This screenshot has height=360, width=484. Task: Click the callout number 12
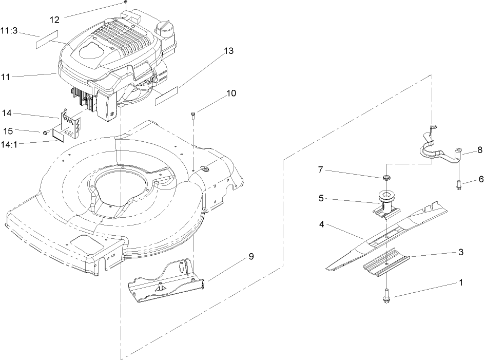pyautogui.click(x=54, y=20)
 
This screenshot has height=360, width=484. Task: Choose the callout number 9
pyautogui.click(x=251, y=256)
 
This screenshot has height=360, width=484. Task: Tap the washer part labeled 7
pyautogui.click(x=385, y=177)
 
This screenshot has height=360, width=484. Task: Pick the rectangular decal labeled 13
pyautogui.click(x=165, y=96)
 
